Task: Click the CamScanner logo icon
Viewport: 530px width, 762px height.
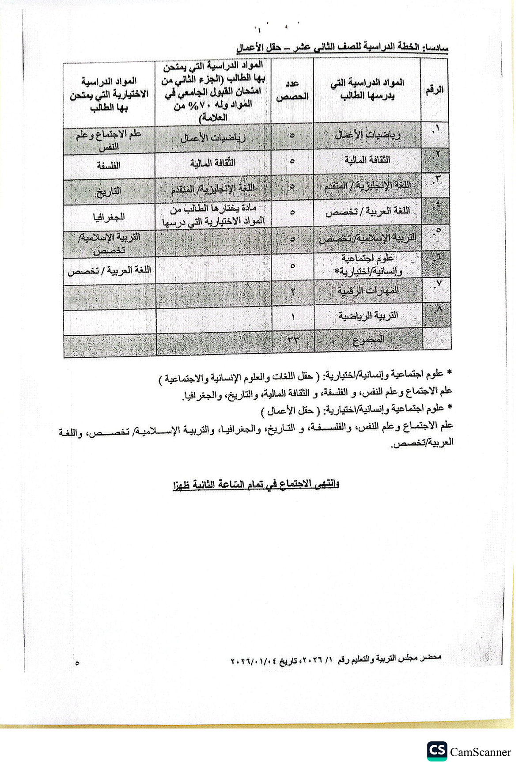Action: click(x=437, y=739)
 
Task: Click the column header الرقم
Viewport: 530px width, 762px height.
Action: click(x=434, y=90)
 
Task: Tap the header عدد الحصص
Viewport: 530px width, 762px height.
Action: click(x=292, y=90)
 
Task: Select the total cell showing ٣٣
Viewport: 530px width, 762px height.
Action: click(x=292, y=341)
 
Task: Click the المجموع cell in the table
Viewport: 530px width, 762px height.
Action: click(x=368, y=341)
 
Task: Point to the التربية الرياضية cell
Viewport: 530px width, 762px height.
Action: click(x=368, y=315)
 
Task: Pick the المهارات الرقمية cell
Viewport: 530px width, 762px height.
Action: click(x=368, y=290)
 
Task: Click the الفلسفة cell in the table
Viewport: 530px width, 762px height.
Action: click(x=109, y=166)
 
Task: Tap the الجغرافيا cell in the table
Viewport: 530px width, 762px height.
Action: click(x=109, y=216)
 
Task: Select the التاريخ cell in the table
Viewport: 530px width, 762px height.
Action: click(x=109, y=191)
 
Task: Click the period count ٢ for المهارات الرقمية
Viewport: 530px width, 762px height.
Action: click(x=292, y=291)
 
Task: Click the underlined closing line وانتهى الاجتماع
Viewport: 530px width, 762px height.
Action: click(x=256, y=484)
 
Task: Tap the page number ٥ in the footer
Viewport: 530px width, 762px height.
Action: click(x=78, y=663)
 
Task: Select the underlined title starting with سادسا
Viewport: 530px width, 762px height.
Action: click(x=342, y=47)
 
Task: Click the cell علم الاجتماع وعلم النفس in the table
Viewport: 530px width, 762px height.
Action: click(x=109, y=140)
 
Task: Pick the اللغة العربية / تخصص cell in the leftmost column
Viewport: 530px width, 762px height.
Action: click(x=110, y=270)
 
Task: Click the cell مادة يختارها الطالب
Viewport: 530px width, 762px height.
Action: click(x=213, y=215)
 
